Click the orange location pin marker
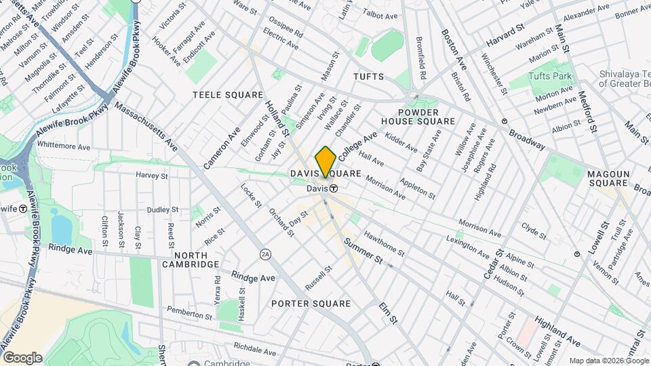[x=325, y=162]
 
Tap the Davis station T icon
[x=334, y=188]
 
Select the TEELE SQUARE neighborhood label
[x=227, y=94]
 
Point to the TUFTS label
[x=368, y=77]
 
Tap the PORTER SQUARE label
[x=309, y=304]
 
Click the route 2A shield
[x=265, y=254]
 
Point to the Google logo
[x=22, y=357]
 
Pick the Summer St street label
[x=363, y=251]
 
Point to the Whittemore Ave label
[x=64, y=146]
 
